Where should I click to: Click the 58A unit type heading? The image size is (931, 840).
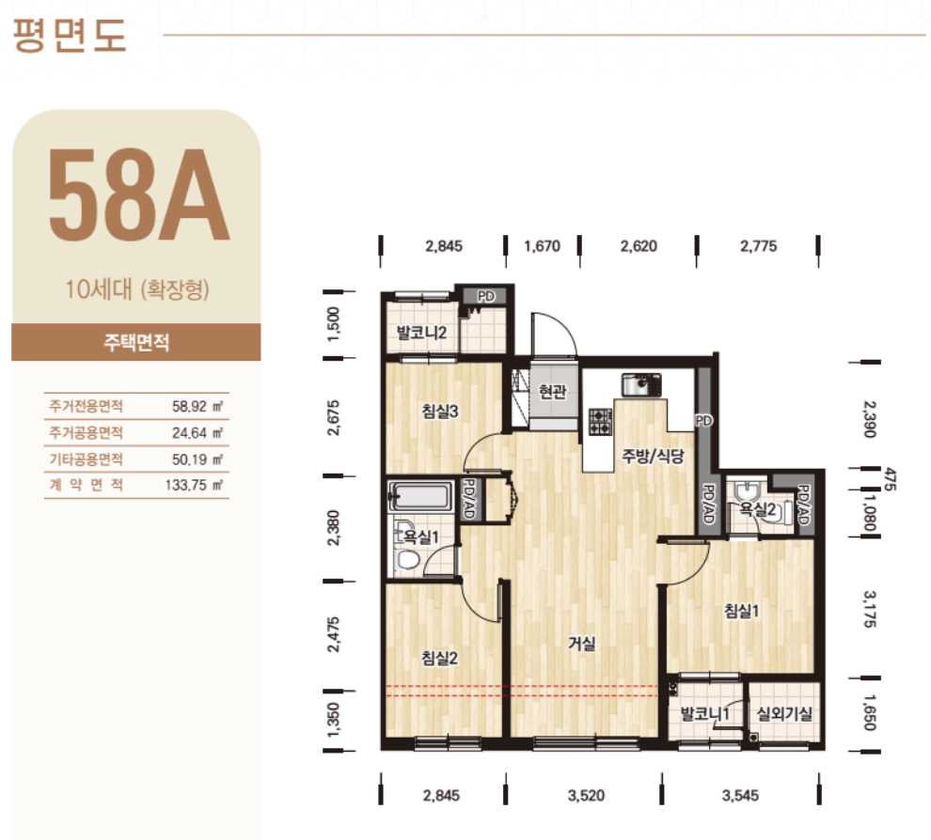(138, 195)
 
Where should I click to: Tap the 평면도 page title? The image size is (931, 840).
(70, 36)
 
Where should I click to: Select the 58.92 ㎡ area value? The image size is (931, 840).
(197, 406)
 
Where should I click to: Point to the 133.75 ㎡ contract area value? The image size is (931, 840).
(194, 485)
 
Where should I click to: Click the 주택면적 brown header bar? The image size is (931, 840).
(136, 342)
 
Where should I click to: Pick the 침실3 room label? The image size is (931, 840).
(440, 412)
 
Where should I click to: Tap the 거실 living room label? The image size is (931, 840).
(581, 643)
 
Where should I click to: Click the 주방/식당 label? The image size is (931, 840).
(653, 456)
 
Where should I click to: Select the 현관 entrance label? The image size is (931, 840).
(553, 392)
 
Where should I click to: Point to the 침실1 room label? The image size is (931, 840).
(741, 611)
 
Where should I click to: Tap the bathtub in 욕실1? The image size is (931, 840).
(418, 496)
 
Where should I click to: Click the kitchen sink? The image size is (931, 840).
(641, 385)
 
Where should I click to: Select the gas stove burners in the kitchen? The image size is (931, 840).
(600, 422)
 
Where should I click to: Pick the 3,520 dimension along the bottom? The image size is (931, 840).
(586, 796)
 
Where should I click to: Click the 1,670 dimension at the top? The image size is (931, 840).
(542, 245)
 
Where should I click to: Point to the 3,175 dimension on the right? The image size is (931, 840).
(870, 609)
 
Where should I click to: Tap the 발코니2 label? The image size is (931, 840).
(422, 333)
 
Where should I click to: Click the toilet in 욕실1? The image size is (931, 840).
(408, 559)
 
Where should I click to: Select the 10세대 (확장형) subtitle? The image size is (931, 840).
(137, 290)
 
